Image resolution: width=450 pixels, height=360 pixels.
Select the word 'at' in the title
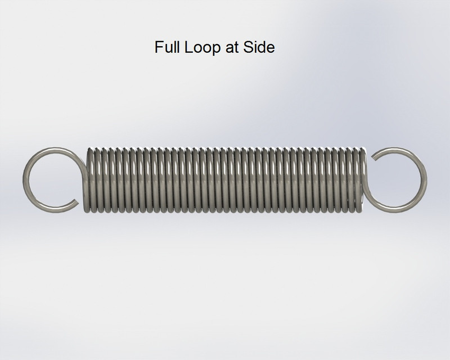coord(228,47)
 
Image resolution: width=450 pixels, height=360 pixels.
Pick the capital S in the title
coord(248,47)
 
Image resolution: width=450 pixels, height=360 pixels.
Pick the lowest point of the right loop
coord(397,209)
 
